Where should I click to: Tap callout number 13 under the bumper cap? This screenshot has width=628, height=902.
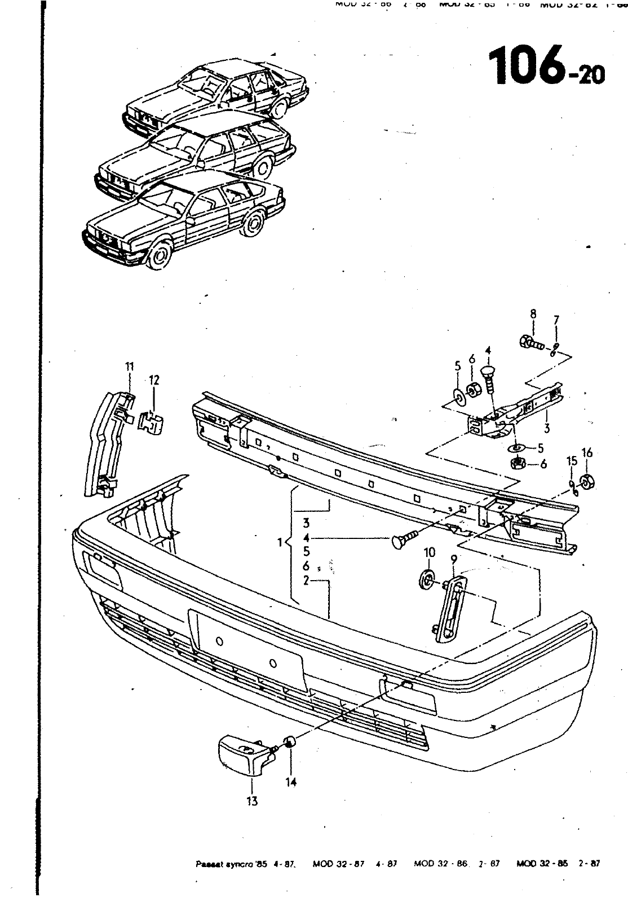[252, 800]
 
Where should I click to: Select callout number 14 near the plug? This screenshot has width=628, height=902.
[290, 782]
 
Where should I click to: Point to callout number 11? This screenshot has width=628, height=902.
[130, 367]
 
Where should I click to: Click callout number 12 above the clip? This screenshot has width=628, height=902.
[154, 381]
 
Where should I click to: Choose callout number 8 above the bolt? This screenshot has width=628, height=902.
[533, 314]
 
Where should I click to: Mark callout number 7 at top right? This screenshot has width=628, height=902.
[556, 320]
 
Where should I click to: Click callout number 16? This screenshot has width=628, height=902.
[587, 453]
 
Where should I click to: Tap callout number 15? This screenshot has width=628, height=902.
[572, 461]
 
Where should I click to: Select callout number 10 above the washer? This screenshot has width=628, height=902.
[429, 552]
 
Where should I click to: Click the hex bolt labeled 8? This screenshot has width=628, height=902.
[529, 342]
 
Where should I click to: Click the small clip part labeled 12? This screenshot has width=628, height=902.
[151, 422]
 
